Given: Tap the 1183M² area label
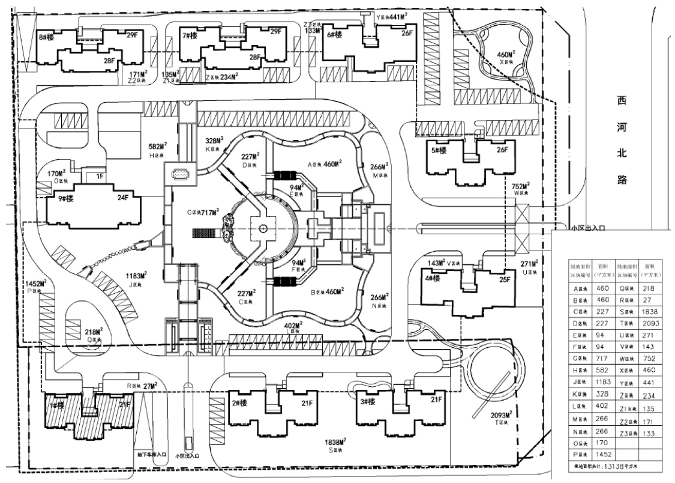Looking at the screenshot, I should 136,275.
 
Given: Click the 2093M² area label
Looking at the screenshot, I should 502,415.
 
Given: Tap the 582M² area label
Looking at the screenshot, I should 157,146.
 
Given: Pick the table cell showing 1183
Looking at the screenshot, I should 601,381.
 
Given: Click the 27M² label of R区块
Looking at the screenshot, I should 149,386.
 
